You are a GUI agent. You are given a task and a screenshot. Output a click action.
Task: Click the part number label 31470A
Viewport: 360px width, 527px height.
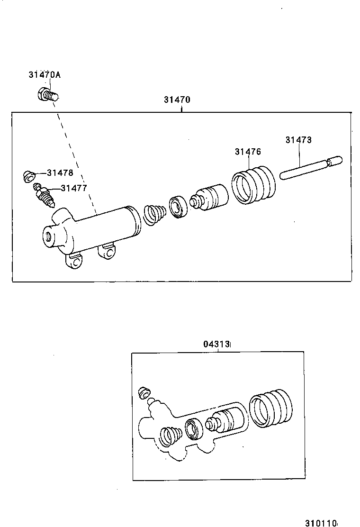point(45,74)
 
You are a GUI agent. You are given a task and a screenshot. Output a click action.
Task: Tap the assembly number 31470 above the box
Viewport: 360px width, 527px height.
point(177,100)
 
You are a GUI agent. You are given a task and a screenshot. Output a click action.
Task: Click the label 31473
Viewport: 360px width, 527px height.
point(298,140)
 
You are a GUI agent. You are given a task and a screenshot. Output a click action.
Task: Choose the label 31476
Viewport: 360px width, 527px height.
point(248,152)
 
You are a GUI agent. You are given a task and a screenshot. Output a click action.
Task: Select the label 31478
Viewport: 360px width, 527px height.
point(60,173)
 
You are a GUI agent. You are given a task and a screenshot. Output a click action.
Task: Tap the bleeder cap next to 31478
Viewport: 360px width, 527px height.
point(29,176)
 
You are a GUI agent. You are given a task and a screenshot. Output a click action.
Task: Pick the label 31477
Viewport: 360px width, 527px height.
point(73,188)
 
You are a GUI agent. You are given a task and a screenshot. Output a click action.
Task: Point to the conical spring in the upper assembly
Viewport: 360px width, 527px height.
point(154,214)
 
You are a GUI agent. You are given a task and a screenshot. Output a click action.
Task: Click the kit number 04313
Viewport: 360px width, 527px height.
point(217,345)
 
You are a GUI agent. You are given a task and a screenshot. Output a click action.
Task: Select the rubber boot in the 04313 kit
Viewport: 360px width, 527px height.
point(270,408)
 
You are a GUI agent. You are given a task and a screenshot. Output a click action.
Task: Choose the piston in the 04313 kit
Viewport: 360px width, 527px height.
point(226,419)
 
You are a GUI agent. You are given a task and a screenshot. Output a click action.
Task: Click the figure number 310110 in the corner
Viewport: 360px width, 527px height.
point(321,523)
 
